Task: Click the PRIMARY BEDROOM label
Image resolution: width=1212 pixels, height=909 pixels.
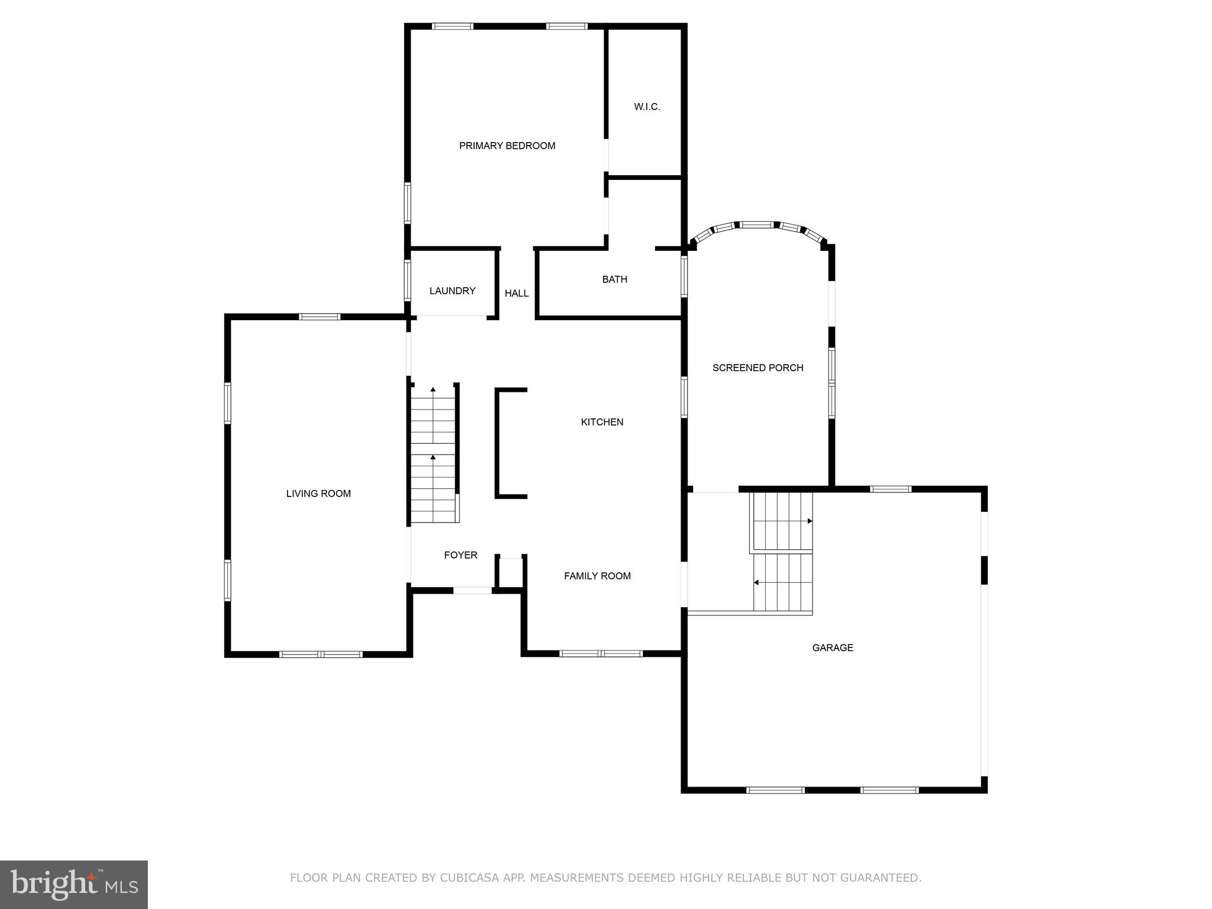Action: (507, 146)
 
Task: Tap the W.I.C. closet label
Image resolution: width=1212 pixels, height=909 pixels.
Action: (647, 107)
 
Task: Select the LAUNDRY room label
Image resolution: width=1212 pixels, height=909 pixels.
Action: (452, 291)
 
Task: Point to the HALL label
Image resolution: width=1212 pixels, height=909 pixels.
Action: (517, 293)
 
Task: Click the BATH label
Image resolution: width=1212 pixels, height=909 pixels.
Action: (614, 279)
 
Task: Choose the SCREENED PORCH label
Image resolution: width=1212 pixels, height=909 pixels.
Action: (757, 368)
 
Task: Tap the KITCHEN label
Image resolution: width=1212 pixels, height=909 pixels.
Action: (602, 422)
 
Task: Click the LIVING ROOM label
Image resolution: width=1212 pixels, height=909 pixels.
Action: (318, 494)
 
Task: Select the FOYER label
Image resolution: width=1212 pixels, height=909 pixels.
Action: (460, 555)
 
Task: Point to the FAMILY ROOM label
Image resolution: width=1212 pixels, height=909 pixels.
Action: (597, 576)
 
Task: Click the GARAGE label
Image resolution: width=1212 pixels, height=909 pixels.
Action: (832, 647)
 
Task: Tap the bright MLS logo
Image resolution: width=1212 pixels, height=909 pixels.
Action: (74, 884)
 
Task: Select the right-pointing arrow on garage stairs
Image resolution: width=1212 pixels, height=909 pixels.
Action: (810, 521)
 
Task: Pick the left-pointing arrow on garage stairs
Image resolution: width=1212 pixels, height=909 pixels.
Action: (756, 583)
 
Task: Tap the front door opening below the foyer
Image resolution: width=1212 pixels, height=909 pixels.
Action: (472, 590)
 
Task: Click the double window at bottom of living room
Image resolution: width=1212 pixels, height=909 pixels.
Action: (320, 654)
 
